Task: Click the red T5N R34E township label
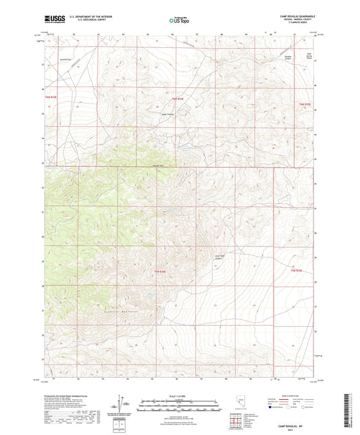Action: [x=177, y=99]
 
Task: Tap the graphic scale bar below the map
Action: [x=180, y=405]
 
